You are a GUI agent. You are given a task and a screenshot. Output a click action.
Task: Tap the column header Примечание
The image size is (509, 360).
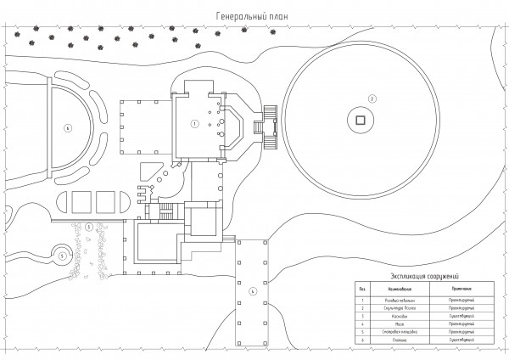click(461, 289)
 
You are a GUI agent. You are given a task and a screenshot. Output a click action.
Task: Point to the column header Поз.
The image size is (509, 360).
click(361, 289)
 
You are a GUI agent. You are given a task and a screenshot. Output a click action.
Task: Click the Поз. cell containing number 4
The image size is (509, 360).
click(361, 323)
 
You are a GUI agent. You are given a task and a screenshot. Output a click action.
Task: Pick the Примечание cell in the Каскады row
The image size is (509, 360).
click(461, 315)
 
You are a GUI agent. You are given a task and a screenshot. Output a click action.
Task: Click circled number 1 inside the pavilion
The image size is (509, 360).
click(195, 124)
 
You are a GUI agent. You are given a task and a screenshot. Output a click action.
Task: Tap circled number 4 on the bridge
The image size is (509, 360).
click(252, 292)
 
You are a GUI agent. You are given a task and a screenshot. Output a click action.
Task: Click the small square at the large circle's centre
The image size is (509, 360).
click(360, 121)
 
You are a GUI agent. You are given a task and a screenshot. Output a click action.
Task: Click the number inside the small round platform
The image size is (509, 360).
click(61, 254)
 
